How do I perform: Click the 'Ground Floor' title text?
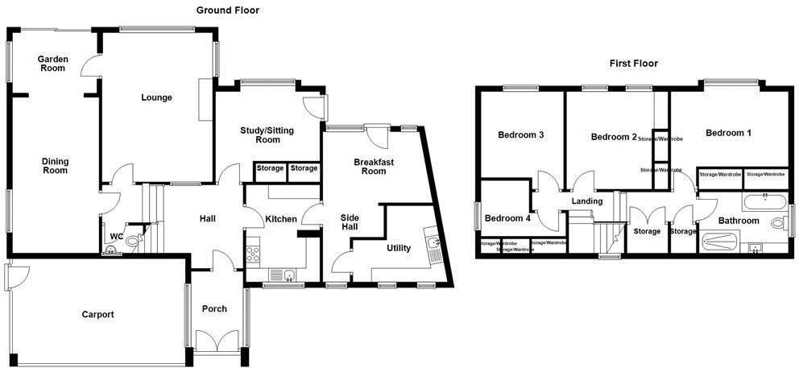tap(228, 10)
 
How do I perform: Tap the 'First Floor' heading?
tap(634, 63)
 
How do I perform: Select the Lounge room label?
tap(156, 98)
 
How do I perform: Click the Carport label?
tap(97, 314)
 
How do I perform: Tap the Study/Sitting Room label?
tap(267, 134)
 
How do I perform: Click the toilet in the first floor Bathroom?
tap(776, 223)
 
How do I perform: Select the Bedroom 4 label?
tap(507, 217)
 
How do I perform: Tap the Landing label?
tap(586, 201)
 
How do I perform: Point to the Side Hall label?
tap(350, 222)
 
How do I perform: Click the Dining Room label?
tap(55, 166)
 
